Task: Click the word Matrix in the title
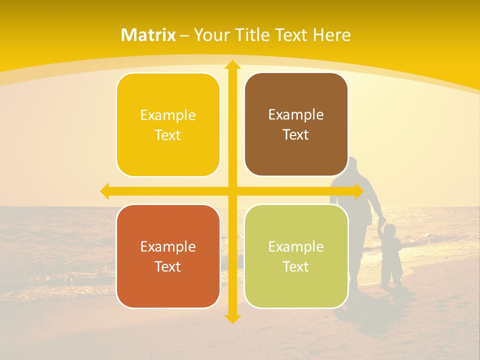(148, 35)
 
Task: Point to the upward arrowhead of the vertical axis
(232, 65)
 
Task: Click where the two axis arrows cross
(232, 191)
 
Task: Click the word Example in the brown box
(296, 115)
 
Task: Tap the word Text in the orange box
(168, 266)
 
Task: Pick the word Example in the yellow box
(168, 115)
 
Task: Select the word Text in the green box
(296, 266)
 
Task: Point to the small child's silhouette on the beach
(391, 255)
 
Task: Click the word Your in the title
(209, 35)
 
